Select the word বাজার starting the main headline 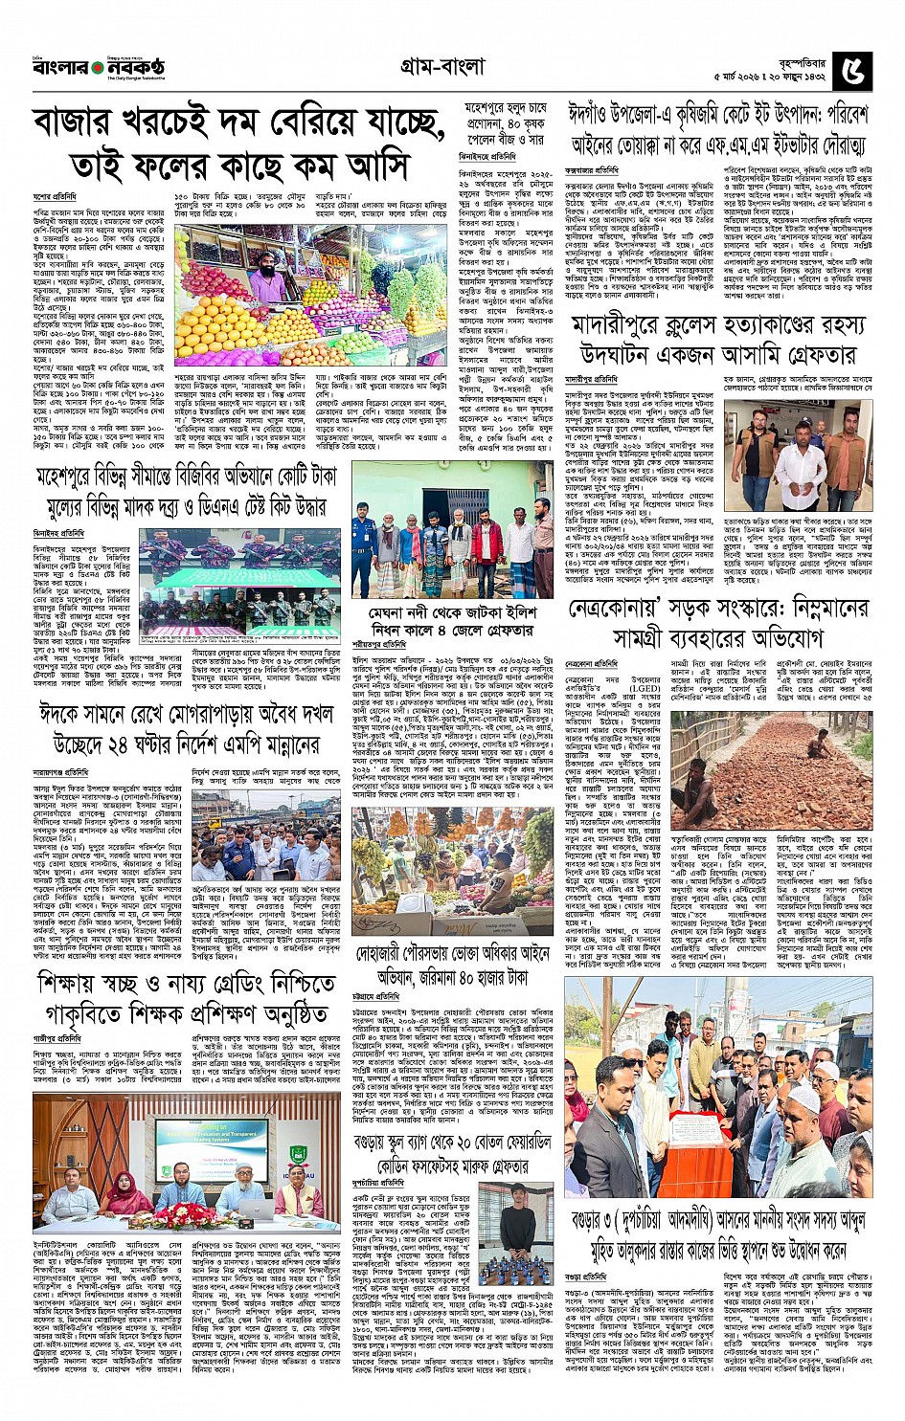[x=81, y=125]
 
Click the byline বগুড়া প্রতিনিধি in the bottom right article [x=587, y=1277]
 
